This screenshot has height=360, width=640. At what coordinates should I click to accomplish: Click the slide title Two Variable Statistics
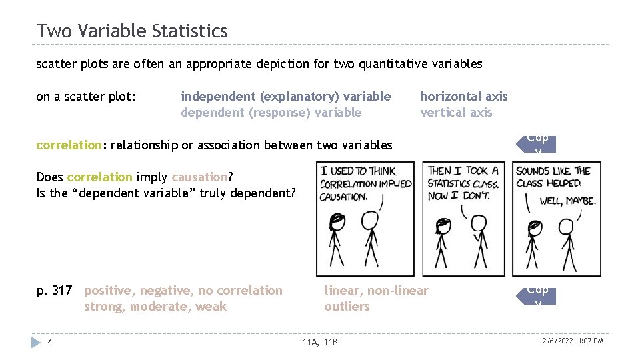[x=132, y=31]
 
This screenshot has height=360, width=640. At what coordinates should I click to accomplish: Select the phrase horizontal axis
[x=463, y=97]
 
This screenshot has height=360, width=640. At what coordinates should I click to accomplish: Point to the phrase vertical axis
[x=456, y=113]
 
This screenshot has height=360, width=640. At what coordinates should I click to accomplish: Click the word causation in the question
[x=199, y=177]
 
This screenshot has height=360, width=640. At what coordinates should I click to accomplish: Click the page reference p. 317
[x=54, y=291]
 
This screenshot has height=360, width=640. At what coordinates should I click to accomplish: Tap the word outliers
[x=347, y=307]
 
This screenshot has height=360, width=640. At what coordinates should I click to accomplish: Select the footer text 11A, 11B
[x=320, y=342]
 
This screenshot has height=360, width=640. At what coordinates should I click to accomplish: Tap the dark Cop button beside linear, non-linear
[x=537, y=293]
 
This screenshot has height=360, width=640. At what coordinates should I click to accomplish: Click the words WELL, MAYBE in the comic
[x=567, y=200]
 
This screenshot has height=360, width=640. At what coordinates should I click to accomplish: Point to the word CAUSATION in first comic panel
[x=343, y=197]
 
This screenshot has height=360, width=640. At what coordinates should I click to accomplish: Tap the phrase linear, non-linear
[x=376, y=291]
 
